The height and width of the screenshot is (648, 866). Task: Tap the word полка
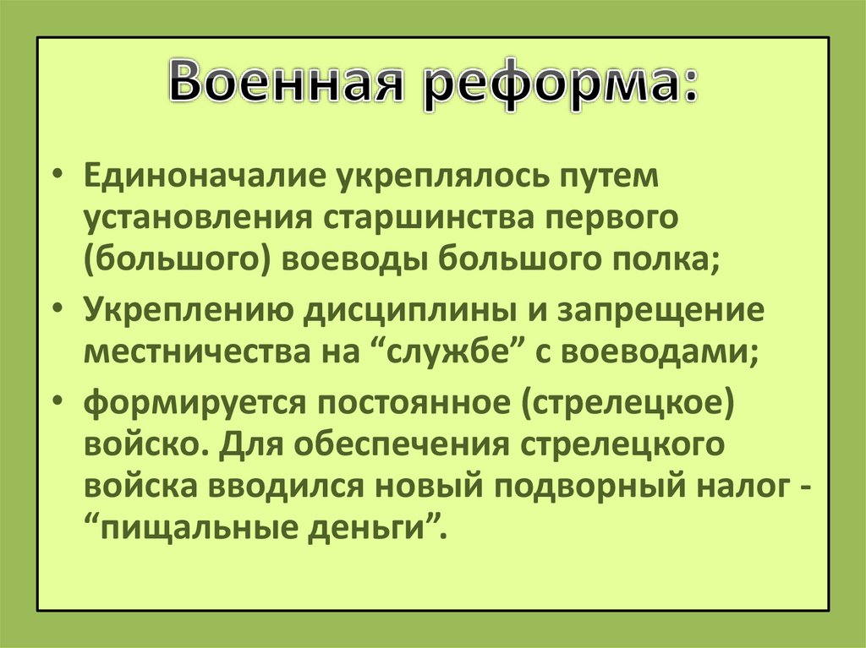coord(659,259)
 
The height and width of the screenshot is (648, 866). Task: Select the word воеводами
coord(660,350)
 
